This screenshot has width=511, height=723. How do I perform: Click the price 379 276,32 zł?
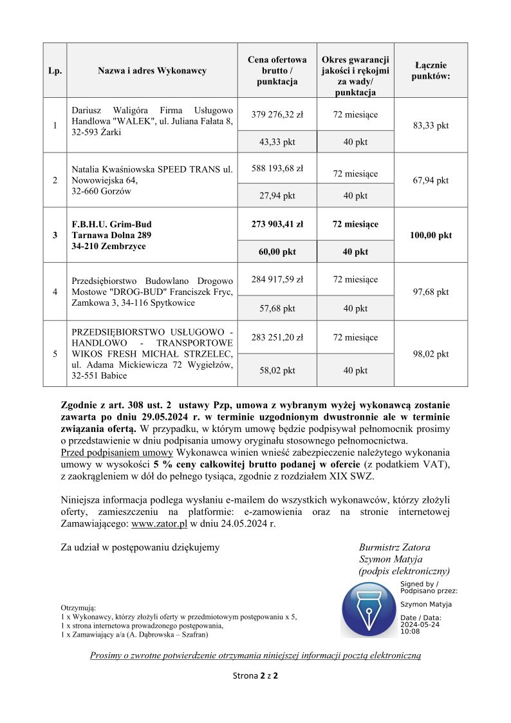(277, 115)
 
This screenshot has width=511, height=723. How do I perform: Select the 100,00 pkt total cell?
(431, 235)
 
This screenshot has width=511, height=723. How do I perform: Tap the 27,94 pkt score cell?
(277, 196)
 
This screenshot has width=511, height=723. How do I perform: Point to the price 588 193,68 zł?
(277, 169)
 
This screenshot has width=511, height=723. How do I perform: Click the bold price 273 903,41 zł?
(277, 224)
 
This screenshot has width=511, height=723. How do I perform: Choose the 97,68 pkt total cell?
(431, 292)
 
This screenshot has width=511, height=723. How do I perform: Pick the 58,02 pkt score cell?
(277, 371)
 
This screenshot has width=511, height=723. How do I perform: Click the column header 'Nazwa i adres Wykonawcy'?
(152, 70)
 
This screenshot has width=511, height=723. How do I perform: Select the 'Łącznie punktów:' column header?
(431, 70)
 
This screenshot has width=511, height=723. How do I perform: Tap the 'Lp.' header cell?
(55, 70)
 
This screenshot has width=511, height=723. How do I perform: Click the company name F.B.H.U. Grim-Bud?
(112, 224)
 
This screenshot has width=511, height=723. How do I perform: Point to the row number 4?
(55, 292)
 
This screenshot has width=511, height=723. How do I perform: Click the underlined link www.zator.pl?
(159, 524)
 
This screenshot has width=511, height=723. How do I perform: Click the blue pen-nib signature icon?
(369, 610)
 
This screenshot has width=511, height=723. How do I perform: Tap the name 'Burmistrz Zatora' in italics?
(395, 547)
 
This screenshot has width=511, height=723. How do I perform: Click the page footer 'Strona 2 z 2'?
(255, 676)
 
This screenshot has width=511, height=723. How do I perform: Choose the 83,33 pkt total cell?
(431, 126)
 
